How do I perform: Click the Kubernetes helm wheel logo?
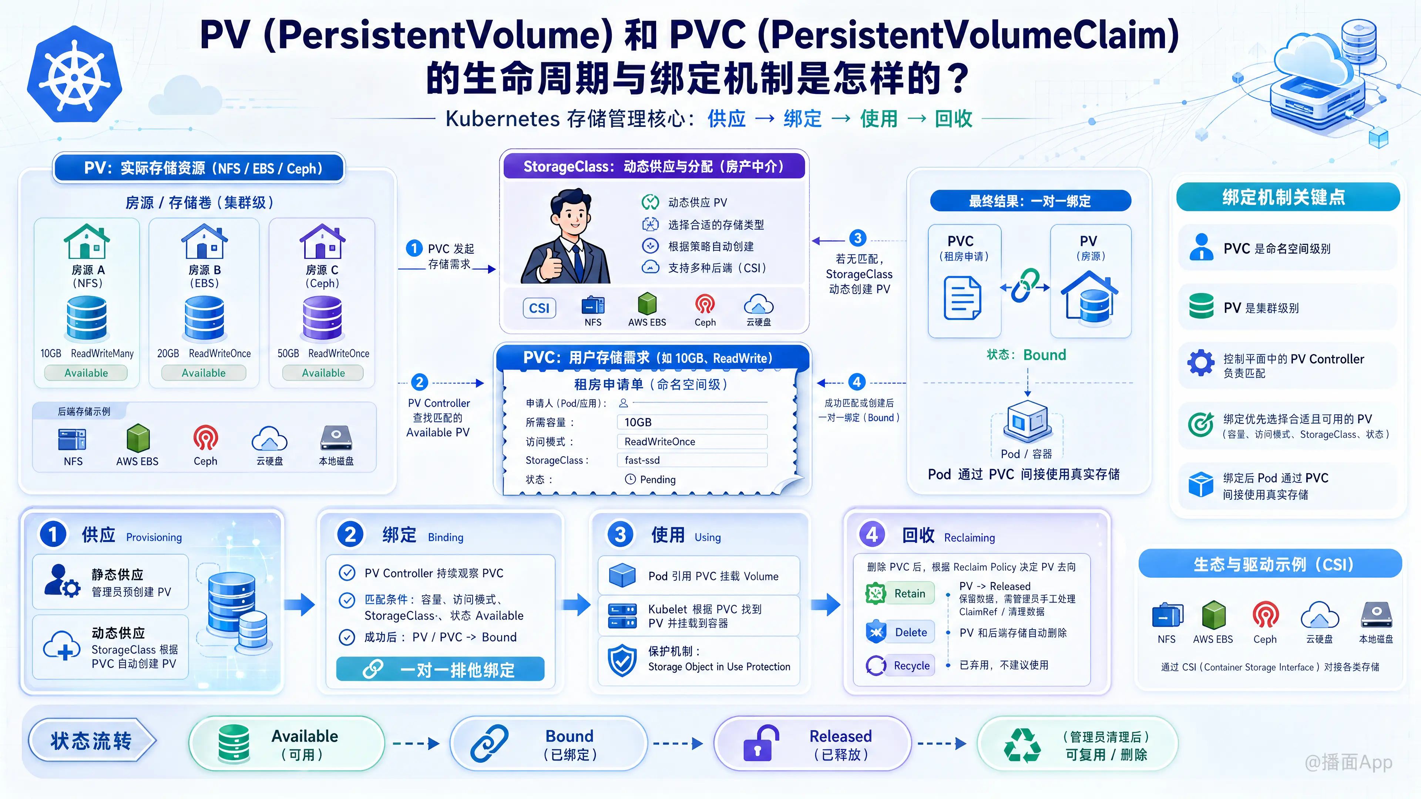pyautogui.click(x=74, y=74)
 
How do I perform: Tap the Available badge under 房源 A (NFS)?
pyautogui.click(x=86, y=373)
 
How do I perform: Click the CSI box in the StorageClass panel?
pyautogui.click(x=539, y=308)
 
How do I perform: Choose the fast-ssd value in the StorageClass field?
pyautogui.click(x=642, y=460)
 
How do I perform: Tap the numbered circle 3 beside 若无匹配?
pyautogui.click(x=857, y=238)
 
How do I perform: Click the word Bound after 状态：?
pyautogui.click(x=1045, y=355)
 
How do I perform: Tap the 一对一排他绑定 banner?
pyautogui.click(x=440, y=670)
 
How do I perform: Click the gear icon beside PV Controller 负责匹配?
pyautogui.click(x=1201, y=363)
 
